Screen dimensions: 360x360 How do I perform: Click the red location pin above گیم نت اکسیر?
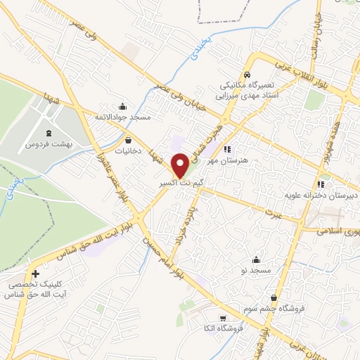[180, 165]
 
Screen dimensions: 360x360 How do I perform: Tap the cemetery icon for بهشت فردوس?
[48, 133]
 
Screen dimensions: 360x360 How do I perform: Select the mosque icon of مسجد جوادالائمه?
[124, 106]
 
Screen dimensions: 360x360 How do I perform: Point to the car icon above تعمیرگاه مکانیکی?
[247, 75]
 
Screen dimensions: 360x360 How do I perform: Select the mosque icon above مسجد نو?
[257, 259]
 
